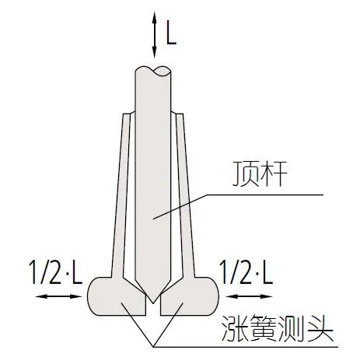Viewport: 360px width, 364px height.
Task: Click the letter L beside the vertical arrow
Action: (x=171, y=33)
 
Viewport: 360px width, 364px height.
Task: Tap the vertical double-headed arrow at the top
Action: (x=155, y=35)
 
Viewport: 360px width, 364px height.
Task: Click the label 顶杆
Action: (x=260, y=173)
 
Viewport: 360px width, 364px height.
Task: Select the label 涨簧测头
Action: (x=277, y=329)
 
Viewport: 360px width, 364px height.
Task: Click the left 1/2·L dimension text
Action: (x=56, y=272)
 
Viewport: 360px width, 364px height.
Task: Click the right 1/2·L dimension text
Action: (x=246, y=272)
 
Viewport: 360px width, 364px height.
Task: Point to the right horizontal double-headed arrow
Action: (x=249, y=296)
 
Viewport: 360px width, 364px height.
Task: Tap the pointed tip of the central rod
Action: (x=153, y=303)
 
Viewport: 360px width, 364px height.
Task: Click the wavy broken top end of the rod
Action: (x=153, y=71)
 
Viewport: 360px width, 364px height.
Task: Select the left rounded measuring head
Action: (x=117, y=296)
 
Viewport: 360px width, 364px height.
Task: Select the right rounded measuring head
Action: (x=190, y=296)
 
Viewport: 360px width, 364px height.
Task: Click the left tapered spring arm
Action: (x=123, y=194)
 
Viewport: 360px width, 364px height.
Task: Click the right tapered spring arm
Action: (x=183, y=194)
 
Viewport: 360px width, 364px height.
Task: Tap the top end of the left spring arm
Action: (x=127, y=114)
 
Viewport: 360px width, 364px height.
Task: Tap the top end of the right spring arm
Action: (x=180, y=114)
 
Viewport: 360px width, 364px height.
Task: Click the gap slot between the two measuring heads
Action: (x=153, y=309)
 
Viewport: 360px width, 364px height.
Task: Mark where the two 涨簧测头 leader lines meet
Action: (x=153, y=346)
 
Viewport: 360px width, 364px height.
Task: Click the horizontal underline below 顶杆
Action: (x=265, y=194)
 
